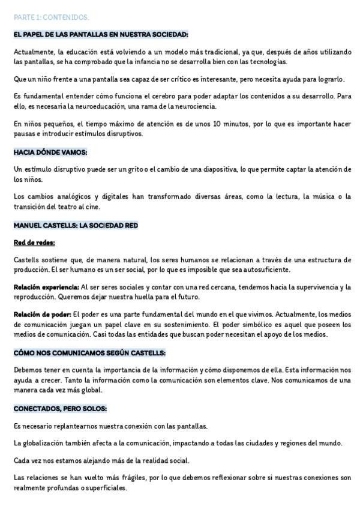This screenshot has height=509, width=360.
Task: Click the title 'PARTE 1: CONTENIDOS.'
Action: click(51, 17)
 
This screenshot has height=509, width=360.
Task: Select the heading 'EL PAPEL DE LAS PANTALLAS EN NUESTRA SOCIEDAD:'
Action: click(101, 35)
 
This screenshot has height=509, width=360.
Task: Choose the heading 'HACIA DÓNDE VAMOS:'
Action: click(50, 152)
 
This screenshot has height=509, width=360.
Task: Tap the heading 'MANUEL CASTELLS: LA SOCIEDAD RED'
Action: click(76, 225)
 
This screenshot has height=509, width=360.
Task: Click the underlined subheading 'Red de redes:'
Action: click(34, 242)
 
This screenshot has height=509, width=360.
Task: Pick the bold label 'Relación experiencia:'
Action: click(46, 288)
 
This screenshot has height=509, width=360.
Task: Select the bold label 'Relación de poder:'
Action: click(42, 315)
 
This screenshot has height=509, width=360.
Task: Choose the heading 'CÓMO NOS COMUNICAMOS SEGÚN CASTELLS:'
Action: click(89, 352)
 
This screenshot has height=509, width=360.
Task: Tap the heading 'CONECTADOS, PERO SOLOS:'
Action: click(60, 408)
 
